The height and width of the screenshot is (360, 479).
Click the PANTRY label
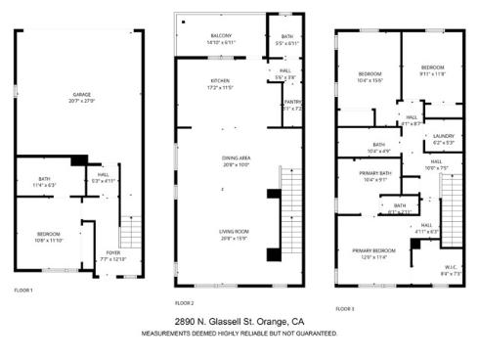[290, 104]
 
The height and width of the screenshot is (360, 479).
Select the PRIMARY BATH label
[375, 176]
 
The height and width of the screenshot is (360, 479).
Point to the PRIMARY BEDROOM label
[375, 253]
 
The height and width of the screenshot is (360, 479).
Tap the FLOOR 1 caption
[23, 290]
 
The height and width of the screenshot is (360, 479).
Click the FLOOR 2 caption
[184, 302]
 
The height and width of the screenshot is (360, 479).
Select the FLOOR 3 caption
[344, 308]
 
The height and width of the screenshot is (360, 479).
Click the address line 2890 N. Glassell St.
[239, 322]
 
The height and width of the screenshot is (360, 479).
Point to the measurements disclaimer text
[239, 333]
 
